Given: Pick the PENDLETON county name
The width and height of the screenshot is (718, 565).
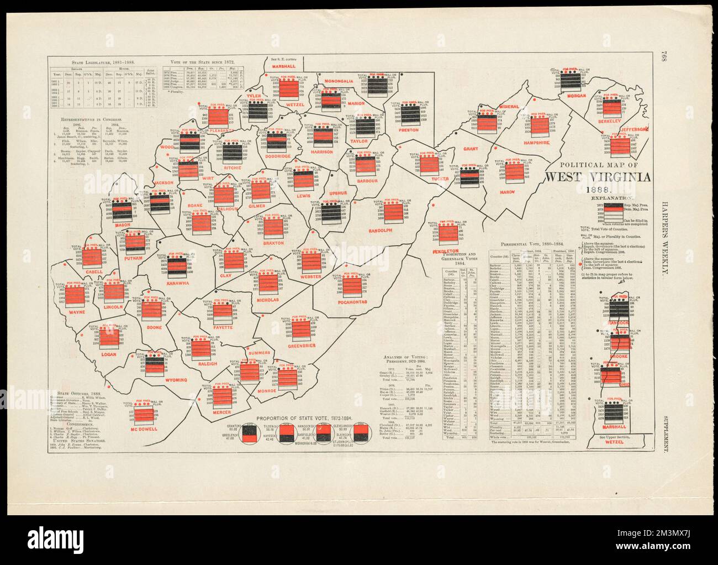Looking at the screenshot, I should point(446,252).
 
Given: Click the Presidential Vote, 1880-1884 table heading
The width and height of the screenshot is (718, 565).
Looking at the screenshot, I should point(532,244).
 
